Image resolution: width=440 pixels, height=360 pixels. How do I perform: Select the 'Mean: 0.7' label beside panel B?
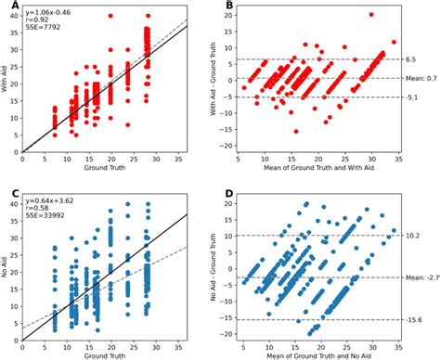click(421, 78)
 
